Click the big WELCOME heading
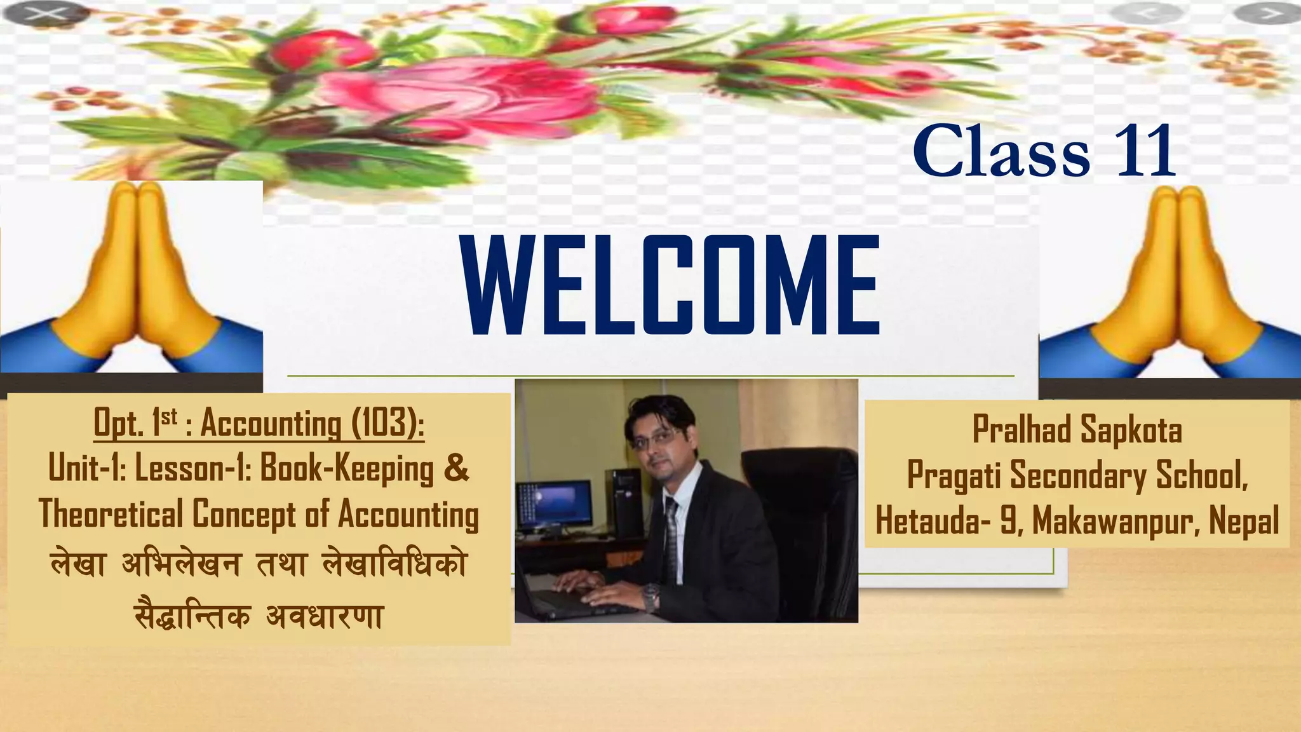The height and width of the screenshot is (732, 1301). [x=672, y=285]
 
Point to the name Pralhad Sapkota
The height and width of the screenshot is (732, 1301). [x=1077, y=430]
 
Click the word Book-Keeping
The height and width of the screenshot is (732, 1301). [x=347, y=470]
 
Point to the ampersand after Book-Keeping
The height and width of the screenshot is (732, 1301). [x=456, y=468]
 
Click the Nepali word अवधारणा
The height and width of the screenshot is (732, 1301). [x=324, y=616]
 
